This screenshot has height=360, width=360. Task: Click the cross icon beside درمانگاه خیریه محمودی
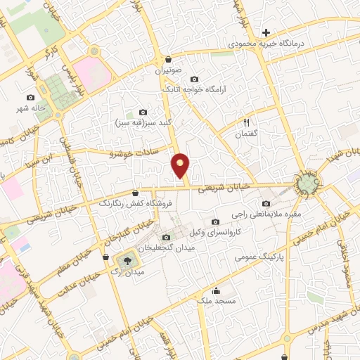[266, 32]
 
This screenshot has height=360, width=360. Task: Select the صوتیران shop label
[169, 70]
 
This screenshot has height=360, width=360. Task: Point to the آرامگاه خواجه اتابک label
[194, 90]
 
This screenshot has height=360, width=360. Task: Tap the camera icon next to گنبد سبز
[143, 112]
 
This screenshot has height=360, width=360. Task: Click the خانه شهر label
[31, 108]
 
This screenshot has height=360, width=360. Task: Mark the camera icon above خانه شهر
[31, 97]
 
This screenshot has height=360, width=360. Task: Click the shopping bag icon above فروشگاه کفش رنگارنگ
[135, 192]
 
